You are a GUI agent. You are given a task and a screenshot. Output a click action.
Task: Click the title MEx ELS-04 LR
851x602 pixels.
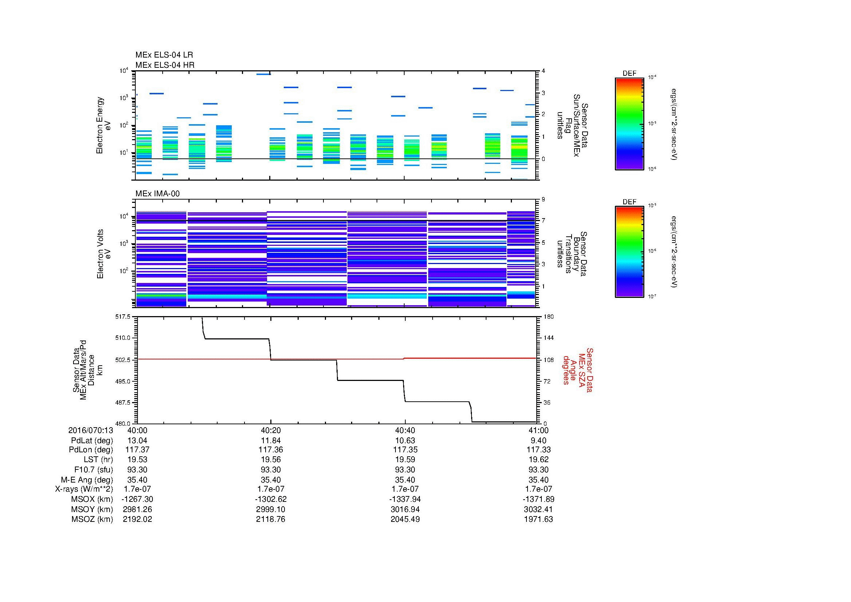coord(164,55)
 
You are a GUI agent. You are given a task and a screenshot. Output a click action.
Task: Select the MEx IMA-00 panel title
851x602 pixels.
coord(157,194)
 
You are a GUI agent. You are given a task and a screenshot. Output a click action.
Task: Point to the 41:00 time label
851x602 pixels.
coord(538,430)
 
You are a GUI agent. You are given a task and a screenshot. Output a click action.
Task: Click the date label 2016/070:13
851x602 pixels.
coord(91,430)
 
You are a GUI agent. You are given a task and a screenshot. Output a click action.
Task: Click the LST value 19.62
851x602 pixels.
coord(538,460)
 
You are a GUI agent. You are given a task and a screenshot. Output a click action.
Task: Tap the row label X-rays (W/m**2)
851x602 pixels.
coord(84,489)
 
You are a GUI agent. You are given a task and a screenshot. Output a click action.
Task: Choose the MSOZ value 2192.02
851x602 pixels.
coord(137,519)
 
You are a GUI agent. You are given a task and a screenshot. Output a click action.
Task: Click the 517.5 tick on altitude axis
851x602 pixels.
coord(123,317)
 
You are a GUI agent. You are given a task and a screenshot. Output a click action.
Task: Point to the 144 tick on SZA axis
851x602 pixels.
coord(548,338)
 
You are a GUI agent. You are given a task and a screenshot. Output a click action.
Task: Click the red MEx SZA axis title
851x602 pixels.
coord(578,370)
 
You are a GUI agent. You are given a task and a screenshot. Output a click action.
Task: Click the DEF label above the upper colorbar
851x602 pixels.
coord(629,74)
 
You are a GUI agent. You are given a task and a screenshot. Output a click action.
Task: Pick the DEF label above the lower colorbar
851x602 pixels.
coord(629,202)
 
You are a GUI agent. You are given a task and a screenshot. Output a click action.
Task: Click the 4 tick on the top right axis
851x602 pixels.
coord(543,71)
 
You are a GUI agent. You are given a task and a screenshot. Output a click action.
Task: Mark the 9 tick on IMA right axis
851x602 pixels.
coord(543,200)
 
